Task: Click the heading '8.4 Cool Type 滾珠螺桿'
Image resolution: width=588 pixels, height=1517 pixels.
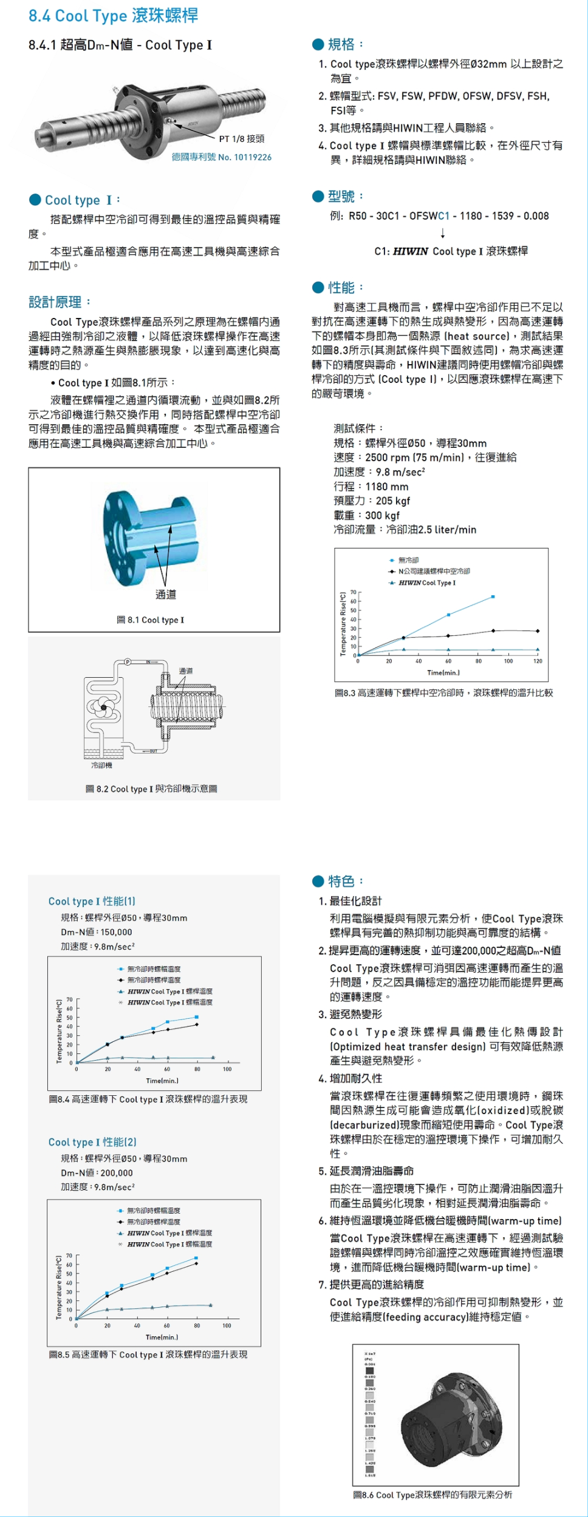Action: [x=114, y=16]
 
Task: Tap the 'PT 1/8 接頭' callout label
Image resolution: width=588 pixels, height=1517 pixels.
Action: [x=241, y=139]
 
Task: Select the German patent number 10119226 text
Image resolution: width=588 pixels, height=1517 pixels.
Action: [x=221, y=157]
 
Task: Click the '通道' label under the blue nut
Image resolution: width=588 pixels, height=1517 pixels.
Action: [x=166, y=595]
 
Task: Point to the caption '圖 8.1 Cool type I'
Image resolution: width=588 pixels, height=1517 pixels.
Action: [x=151, y=620]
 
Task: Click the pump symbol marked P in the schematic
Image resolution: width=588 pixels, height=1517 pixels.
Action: [x=128, y=661]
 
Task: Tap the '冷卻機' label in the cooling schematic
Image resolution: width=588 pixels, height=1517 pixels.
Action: [x=101, y=765]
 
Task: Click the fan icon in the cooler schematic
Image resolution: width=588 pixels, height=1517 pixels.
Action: [x=103, y=707]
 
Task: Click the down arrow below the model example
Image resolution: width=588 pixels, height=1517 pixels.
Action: [x=443, y=233]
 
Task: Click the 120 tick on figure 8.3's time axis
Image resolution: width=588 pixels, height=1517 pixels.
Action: [x=538, y=661]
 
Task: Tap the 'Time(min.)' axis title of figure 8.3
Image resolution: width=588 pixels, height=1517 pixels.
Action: [x=443, y=672]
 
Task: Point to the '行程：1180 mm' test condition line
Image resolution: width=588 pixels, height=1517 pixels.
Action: [x=371, y=487]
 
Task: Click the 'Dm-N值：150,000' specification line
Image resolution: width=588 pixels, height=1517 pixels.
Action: [x=96, y=932]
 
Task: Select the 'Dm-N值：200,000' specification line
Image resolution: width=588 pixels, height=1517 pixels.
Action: [x=97, y=1173]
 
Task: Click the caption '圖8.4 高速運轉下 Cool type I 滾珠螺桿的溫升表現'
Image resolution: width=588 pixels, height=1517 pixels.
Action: [x=148, y=1099]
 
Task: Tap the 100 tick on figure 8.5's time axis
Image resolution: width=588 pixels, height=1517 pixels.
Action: [x=227, y=1325]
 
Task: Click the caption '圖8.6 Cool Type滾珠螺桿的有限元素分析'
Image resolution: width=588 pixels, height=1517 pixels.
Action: [x=432, y=1495]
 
